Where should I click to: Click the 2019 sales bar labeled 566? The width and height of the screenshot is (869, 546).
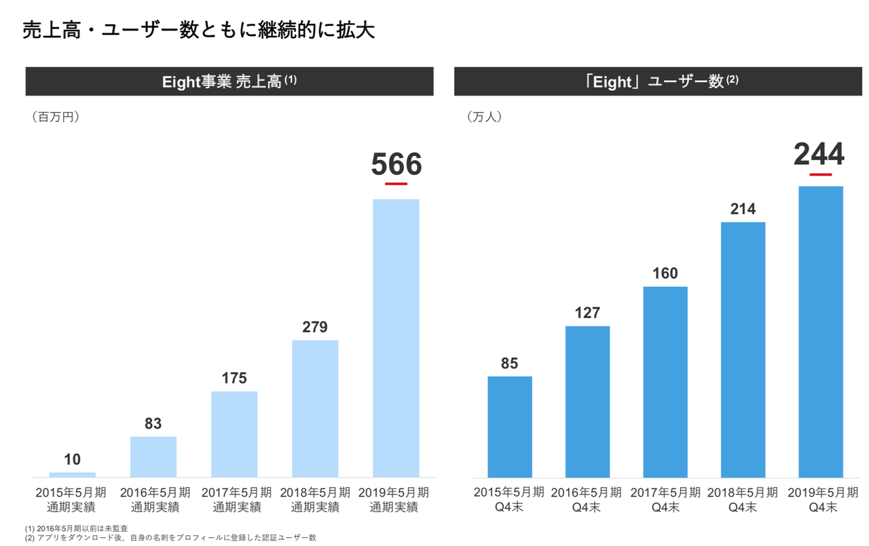click(x=396, y=338)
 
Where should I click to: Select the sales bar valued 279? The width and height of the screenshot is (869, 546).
click(x=315, y=408)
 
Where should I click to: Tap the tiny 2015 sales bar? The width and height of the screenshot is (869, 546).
click(x=73, y=474)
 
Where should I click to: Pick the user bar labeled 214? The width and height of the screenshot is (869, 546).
click(x=743, y=349)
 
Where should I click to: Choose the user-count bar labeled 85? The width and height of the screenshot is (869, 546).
click(x=510, y=427)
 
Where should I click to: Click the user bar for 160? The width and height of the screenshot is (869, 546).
click(x=665, y=382)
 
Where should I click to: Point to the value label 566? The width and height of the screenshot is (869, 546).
click(x=396, y=164)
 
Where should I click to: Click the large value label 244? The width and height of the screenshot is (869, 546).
click(x=819, y=155)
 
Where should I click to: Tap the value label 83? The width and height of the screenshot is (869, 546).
click(x=153, y=423)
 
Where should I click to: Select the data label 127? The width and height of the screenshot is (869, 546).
click(x=587, y=313)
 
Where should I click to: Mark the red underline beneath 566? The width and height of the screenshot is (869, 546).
click(x=396, y=183)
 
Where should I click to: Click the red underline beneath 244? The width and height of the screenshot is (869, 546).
click(x=820, y=174)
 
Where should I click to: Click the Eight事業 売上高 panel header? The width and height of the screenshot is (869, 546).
click(x=229, y=81)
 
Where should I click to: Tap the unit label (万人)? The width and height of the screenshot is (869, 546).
click(x=484, y=117)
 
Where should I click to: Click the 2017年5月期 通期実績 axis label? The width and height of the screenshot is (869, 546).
click(x=234, y=499)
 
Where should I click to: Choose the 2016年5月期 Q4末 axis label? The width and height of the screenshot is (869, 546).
click(x=587, y=499)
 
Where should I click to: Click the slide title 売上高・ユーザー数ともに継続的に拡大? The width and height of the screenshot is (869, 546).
click(x=198, y=31)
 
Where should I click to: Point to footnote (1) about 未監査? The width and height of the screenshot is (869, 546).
click(x=76, y=528)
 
